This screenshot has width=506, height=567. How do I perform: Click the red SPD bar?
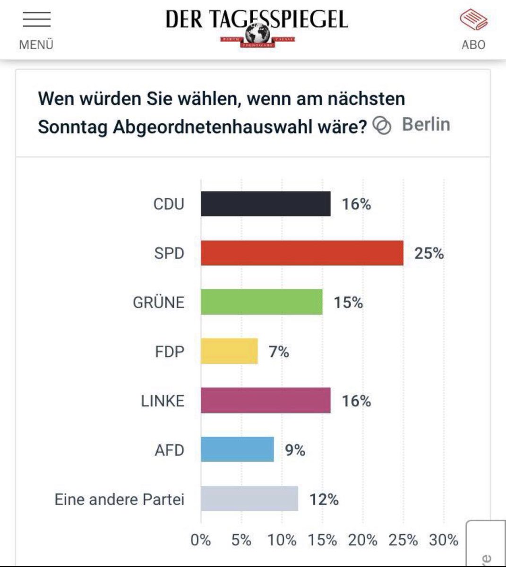click(x=302, y=253)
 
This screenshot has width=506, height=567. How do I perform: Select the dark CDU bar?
click(x=266, y=204)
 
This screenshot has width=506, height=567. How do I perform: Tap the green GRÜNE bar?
click(x=261, y=302)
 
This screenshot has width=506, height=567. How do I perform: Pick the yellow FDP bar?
click(x=229, y=352)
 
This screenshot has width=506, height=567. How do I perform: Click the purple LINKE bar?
click(x=266, y=401)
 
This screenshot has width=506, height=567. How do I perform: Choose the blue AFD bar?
click(x=237, y=449)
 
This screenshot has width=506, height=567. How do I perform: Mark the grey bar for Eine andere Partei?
click(x=249, y=499)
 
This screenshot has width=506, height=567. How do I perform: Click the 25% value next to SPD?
click(x=429, y=254)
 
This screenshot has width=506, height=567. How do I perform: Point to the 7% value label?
click(x=279, y=352)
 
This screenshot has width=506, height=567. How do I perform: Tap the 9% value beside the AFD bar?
click(x=295, y=450)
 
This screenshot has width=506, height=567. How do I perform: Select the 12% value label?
click(x=324, y=499)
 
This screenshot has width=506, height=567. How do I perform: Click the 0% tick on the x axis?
click(x=201, y=540)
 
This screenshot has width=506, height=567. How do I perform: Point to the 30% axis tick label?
click(x=444, y=540)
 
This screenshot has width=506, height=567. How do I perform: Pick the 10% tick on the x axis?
click(x=282, y=540)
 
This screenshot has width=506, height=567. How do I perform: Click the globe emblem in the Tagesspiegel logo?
click(x=257, y=34)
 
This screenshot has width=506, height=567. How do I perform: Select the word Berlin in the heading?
click(x=426, y=125)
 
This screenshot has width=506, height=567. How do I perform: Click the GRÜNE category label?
click(x=158, y=302)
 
